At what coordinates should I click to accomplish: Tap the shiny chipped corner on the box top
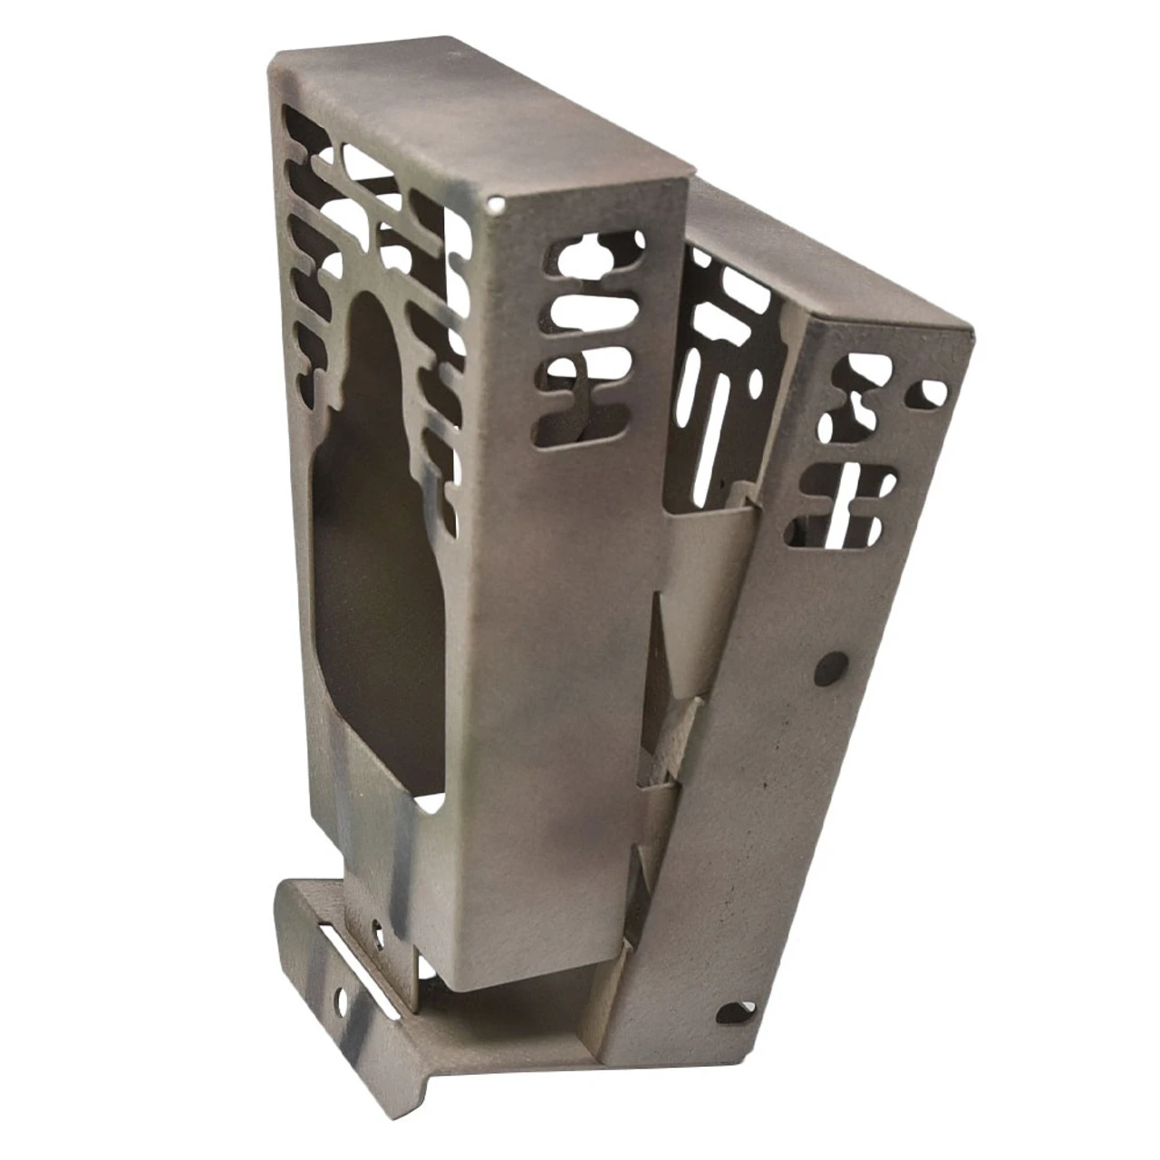coord(495,203)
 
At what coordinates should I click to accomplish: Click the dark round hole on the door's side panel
coord(831,668)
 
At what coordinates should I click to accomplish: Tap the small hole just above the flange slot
coord(377,927)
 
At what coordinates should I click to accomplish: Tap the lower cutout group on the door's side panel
coord(843,507)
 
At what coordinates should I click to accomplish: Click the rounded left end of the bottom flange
coord(288,915)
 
